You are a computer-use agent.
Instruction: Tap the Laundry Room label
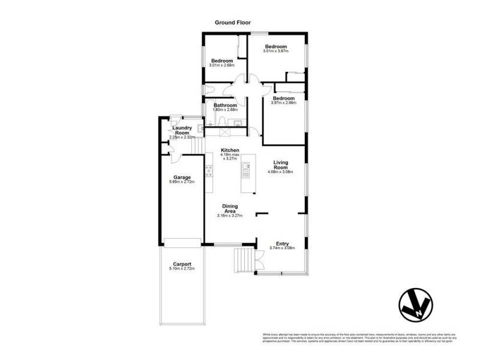coord(182,130)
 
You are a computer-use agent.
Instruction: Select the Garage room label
coord(182,178)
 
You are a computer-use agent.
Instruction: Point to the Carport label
coord(182,264)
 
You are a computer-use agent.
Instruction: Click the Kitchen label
coord(230,150)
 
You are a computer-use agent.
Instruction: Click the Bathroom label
coord(226,105)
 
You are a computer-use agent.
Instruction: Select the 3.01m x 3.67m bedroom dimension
coord(276,52)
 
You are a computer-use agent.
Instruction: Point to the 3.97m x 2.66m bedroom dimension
coord(283,103)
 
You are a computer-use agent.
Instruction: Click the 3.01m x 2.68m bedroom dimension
coord(221,65)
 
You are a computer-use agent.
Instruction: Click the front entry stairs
coord(244,260)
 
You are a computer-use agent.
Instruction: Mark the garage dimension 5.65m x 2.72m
coord(182,182)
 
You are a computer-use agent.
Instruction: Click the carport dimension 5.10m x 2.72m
coord(182,269)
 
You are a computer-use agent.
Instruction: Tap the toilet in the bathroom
coord(223,122)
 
